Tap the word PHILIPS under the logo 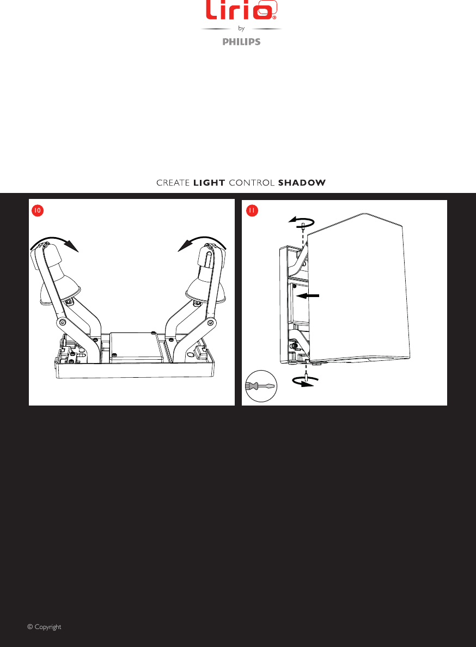[241, 42]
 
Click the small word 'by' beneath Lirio [241, 29]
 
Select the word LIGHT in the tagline [209, 183]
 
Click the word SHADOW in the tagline [302, 183]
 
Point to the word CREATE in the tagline [173, 183]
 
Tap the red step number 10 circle [36, 210]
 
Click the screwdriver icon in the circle [261, 385]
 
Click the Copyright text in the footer [44, 627]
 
